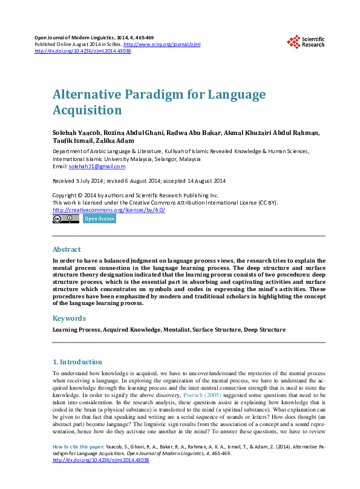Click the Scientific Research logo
coord(306,42)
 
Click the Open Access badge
coord(99,218)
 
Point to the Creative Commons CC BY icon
coord(66,218)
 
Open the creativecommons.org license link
coord(108,209)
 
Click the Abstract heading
coord(67,249)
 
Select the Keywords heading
coord(69,318)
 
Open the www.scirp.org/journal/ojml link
coord(162,45)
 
